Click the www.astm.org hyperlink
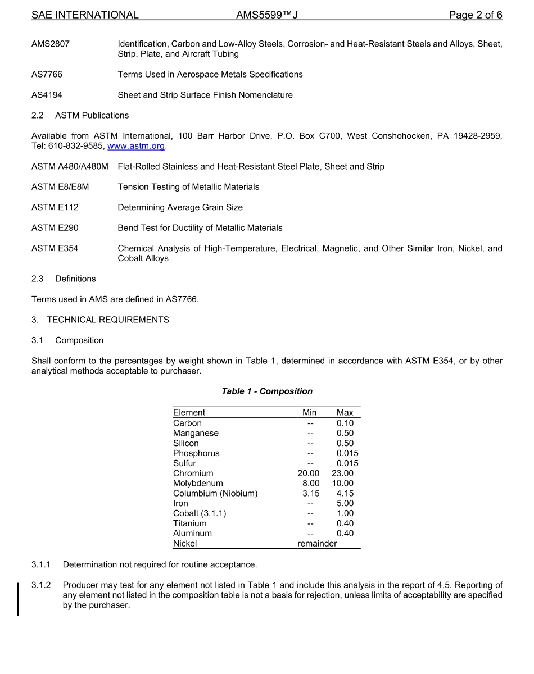(x=136, y=146)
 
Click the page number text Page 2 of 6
(x=475, y=15)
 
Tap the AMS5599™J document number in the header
(x=266, y=15)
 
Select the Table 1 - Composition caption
(x=267, y=391)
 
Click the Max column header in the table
(x=345, y=413)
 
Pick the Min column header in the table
(x=309, y=413)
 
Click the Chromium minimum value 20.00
(x=308, y=473)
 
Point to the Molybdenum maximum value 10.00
(x=342, y=484)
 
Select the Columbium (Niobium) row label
(x=215, y=494)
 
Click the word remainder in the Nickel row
(x=317, y=544)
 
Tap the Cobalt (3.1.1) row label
(x=200, y=513)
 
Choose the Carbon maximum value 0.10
(x=345, y=423)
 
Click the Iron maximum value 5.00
(x=345, y=504)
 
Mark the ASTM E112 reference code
(x=55, y=207)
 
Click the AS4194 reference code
(x=47, y=95)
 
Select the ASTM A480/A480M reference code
(x=70, y=166)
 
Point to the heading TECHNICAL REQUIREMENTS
(x=108, y=320)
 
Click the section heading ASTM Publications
(x=92, y=115)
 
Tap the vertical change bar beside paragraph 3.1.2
(x=19, y=591)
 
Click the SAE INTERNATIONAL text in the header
(x=85, y=15)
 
